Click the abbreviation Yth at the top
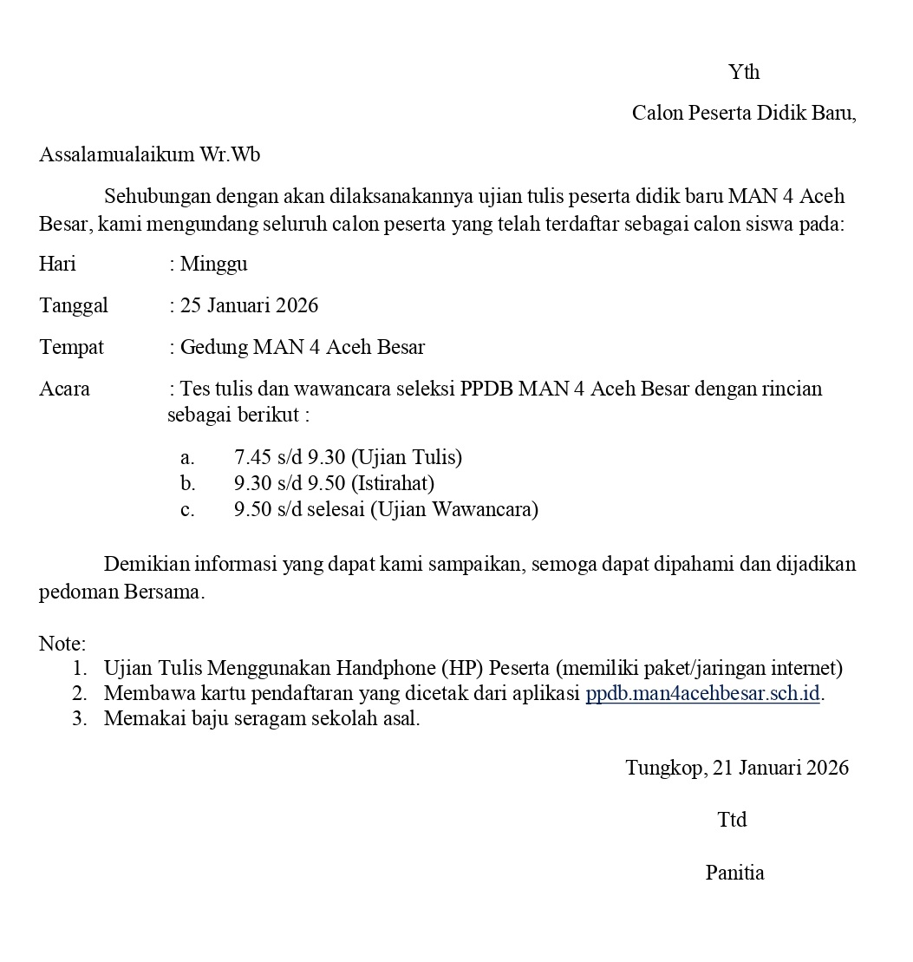pos(744,72)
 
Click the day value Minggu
pos(213,264)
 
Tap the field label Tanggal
pos(74,305)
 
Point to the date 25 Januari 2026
pos(250,305)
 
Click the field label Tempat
pos(71,348)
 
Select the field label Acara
pos(64,389)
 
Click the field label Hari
pos(57,264)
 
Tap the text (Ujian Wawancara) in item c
pos(454,509)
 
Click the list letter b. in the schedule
pos(188,483)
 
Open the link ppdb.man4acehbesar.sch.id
pos(702,694)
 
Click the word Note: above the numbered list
pos(62,644)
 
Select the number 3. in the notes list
pos(80,718)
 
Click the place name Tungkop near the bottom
pos(664,768)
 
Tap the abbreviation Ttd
pos(732,820)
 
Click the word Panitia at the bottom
pos(734,873)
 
